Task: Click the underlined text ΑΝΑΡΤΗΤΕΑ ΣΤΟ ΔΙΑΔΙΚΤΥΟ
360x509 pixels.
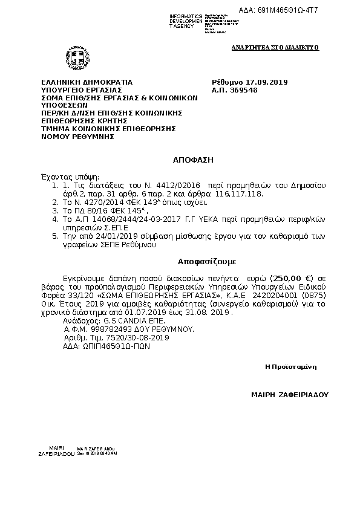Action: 275,47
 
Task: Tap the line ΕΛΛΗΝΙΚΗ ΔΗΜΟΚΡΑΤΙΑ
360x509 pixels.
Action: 87,82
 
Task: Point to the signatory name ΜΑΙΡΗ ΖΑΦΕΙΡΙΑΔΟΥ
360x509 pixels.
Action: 289,394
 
